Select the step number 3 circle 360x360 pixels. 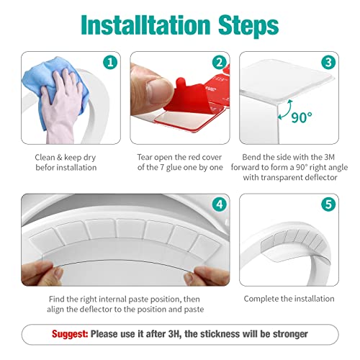click(328, 63)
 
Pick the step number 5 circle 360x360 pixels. click(328, 205)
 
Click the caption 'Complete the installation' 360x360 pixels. click(288, 298)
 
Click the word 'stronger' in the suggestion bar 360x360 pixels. click(288, 334)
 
